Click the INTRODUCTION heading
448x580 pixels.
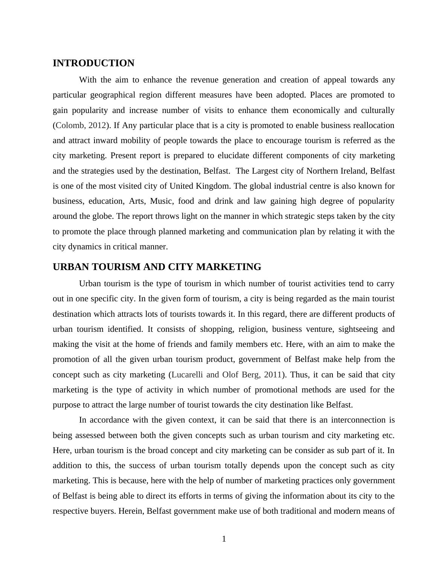pos(93,63)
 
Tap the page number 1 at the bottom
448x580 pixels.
pos(224,539)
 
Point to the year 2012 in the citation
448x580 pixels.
pos(97,125)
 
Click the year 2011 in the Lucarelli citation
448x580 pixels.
pos(273,375)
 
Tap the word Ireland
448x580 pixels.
pos(352,171)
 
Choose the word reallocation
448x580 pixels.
pos(371,125)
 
